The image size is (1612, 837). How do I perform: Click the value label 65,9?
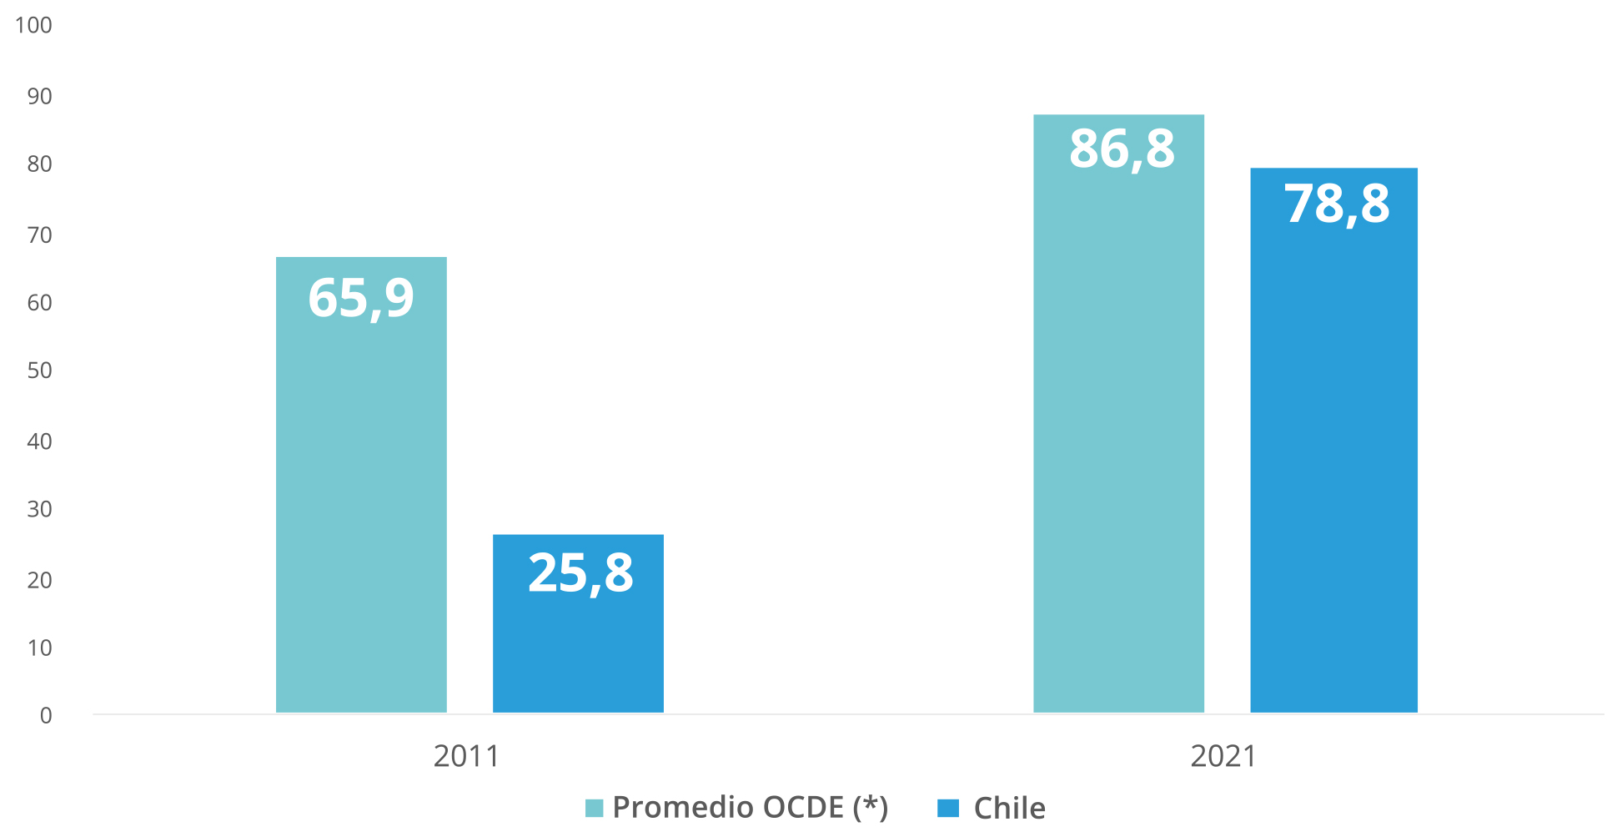[361, 299]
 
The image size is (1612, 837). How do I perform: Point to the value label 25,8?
[580, 574]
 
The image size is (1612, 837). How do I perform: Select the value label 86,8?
[1122, 150]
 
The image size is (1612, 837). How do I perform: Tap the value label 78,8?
[1336, 204]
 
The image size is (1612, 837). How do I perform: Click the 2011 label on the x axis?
[466, 756]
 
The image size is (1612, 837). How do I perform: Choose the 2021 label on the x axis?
[1223, 756]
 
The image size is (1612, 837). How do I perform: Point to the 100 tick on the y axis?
[33, 25]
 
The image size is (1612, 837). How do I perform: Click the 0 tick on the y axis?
[46, 715]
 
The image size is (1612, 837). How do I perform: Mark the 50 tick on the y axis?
[39, 371]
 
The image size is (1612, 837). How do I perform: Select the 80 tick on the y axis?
[39, 164]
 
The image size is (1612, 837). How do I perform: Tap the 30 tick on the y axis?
[39, 509]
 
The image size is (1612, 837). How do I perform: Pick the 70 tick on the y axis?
[39, 235]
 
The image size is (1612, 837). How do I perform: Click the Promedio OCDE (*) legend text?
[751, 808]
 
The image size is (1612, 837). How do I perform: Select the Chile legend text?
[1009, 809]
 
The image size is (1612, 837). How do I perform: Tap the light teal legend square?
[594, 808]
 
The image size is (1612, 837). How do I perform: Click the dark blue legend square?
[948, 808]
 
